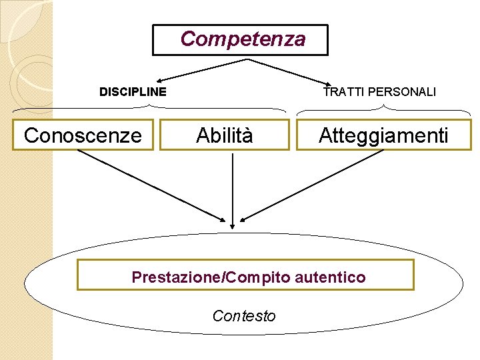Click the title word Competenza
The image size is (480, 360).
[243, 39]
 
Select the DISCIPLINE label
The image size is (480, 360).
[133, 91]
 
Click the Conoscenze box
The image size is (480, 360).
[83, 135]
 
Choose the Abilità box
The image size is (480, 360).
[225, 135]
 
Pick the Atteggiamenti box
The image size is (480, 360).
[383, 135]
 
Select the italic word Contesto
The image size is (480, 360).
[243, 315]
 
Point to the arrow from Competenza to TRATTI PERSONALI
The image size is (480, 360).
[293, 73]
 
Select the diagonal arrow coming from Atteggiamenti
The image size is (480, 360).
[313, 185]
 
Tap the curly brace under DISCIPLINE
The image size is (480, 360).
[150, 108]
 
